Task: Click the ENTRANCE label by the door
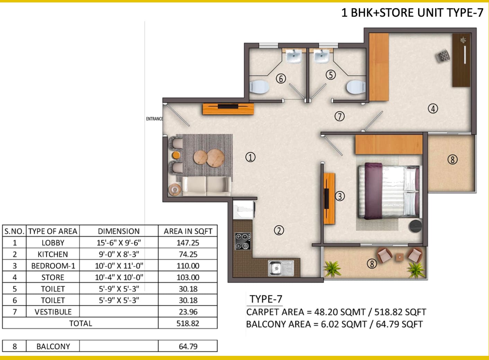pyautogui.click(x=154, y=119)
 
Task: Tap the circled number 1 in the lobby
pyautogui.click(x=250, y=157)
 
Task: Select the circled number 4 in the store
pyautogui.click(x=433, y=109)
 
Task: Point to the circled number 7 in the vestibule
pyautogui.click(x=339, y=116)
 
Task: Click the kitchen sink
pyautogui.click(x=281, y=268)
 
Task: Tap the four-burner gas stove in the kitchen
pyautogui.click(x=243, y=241)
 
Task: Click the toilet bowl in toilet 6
pyautogui.click(x=259, y=87)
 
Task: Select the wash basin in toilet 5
pyautogui.click(x=322, y=56)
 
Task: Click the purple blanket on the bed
pyautogui.click(x=373, y=191)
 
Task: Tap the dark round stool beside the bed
pyautogui.click(x=416, y=226)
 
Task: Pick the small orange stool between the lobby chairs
pyautogui.click(x=176, y=155)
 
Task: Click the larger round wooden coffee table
pyautogui.click(x=215, y=158)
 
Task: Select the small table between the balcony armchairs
pyautogui.click(x=400, y=257)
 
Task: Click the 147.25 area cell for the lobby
pyautogui.click(x=188, y=243)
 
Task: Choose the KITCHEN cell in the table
pyautogui.click(x=53, y=254)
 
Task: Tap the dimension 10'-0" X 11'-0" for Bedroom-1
pyautogui.click(x=119, y=266)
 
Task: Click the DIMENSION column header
pyautogui.click(x=118, y=231)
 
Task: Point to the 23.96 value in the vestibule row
pyautogui.click(x=188, y=312)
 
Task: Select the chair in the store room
pyautogui.click(x=443, y=56)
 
